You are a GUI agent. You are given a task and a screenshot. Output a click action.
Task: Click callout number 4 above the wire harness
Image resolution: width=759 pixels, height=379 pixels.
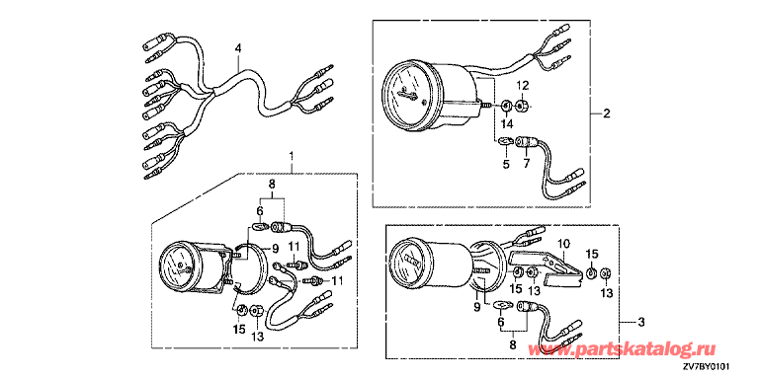237,48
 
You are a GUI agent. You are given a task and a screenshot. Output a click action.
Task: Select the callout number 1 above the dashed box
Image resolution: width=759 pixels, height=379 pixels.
292,156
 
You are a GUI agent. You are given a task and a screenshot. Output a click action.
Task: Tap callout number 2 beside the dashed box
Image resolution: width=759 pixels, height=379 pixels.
607,114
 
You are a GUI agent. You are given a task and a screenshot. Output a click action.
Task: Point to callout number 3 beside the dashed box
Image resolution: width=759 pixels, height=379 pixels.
640,322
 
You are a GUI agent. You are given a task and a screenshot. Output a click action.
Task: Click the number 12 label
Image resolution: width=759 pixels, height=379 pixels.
522,86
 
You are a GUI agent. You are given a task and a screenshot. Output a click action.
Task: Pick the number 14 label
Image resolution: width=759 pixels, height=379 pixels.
506,123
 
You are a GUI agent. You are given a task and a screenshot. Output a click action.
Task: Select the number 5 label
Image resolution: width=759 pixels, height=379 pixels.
506,165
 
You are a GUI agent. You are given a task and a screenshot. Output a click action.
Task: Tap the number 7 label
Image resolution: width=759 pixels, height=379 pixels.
526,165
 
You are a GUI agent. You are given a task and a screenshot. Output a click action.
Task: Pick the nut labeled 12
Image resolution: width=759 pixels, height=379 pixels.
521,105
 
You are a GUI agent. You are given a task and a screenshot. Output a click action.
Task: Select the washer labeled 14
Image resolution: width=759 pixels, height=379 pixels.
506,105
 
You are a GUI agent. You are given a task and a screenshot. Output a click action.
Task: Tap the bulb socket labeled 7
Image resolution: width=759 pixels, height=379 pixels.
525,142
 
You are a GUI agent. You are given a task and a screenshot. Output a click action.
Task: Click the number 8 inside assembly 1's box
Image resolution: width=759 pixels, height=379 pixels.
271,184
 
